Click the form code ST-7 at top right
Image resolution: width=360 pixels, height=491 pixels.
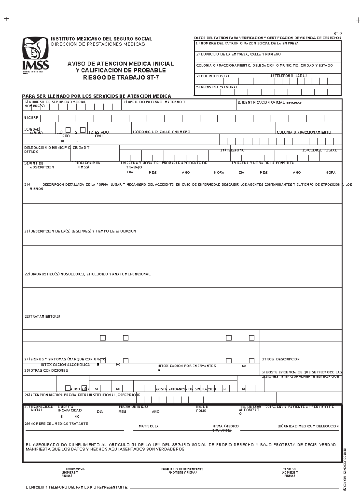(x=338, y=33)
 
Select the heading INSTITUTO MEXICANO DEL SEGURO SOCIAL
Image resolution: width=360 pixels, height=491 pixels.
(x=101, y=39)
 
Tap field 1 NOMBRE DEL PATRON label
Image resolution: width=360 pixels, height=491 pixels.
(x=247, y=44)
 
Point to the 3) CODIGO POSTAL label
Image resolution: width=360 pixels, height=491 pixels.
(x=213, y=76)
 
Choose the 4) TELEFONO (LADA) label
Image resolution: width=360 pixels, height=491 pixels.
(x=288, y=76)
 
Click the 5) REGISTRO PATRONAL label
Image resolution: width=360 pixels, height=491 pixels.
(x=217, y=87)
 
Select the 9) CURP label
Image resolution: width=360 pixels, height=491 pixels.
(x=31, y=118)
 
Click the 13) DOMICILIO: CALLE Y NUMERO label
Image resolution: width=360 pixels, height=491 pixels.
(x=161, y=132)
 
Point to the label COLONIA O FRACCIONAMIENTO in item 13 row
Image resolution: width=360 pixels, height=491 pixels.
(x=304, y=132)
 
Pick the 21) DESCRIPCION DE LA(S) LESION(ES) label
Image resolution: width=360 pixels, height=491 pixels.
(x=80, y=231)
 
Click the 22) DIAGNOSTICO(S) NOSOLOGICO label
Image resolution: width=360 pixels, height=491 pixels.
(x=87, y=274)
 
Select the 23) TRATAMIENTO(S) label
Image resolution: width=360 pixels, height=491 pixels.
(x=42, y=317)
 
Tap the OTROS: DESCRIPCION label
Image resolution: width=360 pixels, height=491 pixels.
(x=280, y=359)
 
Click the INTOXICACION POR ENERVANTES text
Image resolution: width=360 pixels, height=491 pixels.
(x=187, y=366)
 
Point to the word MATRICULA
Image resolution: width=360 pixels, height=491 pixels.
(x=148, y=426)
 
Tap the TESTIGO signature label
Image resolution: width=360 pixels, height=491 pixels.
(x=289, y=469)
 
